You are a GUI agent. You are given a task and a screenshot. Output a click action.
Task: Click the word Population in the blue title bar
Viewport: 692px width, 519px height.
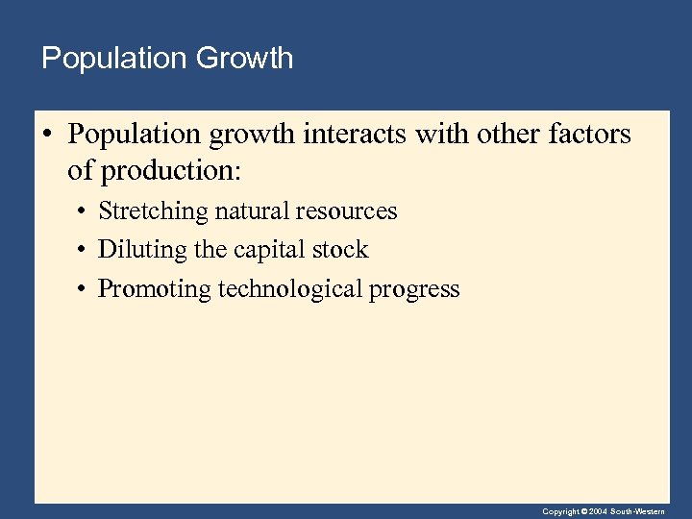pyautogui.click(x=114, y=59)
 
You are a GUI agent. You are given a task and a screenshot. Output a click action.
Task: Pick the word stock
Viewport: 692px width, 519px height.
pyautogui.click(x=339, y=250)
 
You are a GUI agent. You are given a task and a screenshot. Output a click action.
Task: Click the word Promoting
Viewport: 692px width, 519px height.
pyautogui.click(x=155, y=288)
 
